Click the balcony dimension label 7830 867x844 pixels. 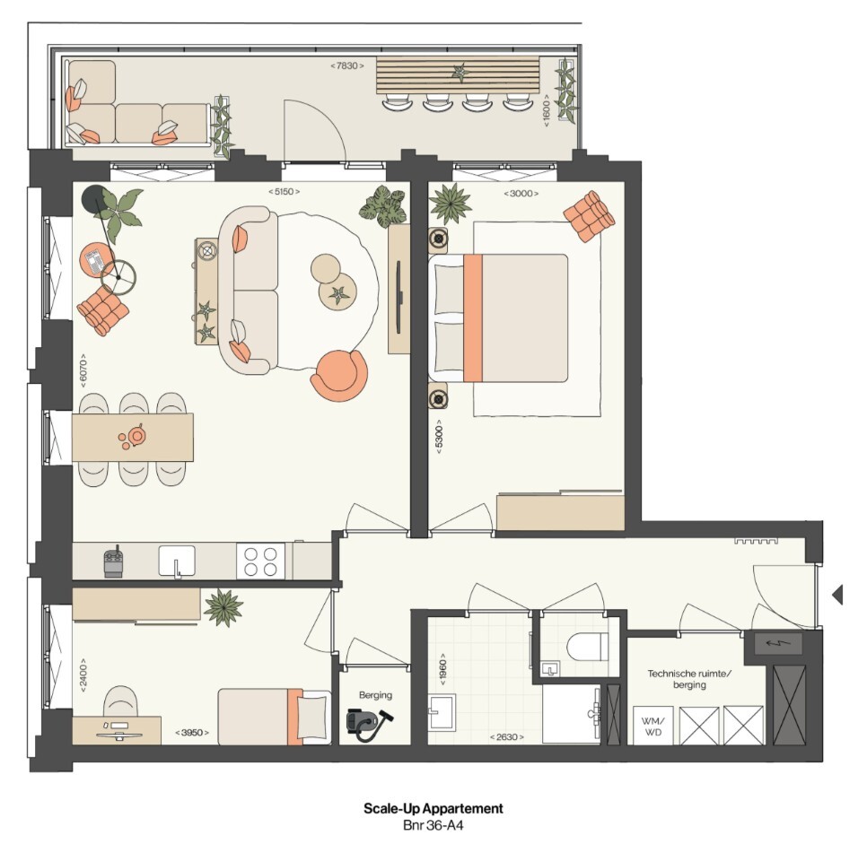347,65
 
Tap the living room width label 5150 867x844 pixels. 285,192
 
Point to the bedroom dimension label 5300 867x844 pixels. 439,437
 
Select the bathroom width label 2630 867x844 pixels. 506,736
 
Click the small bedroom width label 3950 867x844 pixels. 192,733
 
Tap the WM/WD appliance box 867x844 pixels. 653,726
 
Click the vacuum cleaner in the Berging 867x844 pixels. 370,725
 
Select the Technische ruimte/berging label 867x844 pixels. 689,679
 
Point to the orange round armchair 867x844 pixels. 339,376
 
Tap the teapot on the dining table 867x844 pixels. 135,436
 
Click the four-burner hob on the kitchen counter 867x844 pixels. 260,561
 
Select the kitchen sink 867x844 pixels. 177,561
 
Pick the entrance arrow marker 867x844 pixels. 837,595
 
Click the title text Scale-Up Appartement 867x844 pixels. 433,809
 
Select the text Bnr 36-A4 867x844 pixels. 433,826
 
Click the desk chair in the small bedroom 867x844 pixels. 120,701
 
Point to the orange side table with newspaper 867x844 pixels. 97,259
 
